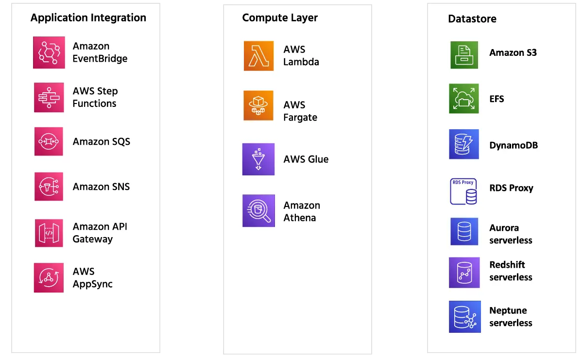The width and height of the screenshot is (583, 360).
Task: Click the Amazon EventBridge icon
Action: click(49, 52)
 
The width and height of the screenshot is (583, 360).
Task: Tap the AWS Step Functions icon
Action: click(49, 97)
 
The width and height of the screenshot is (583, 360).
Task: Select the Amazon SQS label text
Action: click(101, 142)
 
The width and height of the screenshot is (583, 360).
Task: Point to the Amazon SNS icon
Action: click(49, 187)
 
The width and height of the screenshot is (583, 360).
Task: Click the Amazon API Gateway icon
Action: click(49, 233)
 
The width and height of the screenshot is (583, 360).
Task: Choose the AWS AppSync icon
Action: click(49, 278)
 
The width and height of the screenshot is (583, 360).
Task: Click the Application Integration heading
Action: click(88, 18)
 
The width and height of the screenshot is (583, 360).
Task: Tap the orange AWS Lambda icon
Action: click(258, 56)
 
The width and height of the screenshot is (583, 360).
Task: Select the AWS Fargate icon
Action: click(258, 105)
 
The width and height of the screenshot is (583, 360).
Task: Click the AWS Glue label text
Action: click(306, 159)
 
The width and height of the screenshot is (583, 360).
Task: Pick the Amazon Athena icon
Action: click(258, 211)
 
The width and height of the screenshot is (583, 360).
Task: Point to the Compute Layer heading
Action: click(280, 18)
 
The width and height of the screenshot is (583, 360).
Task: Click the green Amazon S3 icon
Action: click(464, 55)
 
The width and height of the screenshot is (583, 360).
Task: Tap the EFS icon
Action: click(464, 99)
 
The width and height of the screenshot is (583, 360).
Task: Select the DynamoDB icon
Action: click(464, 144)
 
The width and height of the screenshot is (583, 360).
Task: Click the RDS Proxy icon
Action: click(464, 191)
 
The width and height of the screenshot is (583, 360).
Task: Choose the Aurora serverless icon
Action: click(464, 232)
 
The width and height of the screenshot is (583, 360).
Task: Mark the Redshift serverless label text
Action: click(511, 271)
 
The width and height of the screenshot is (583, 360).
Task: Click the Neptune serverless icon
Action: click(464, 316)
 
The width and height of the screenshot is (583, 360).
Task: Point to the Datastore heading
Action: click(472, 19)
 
